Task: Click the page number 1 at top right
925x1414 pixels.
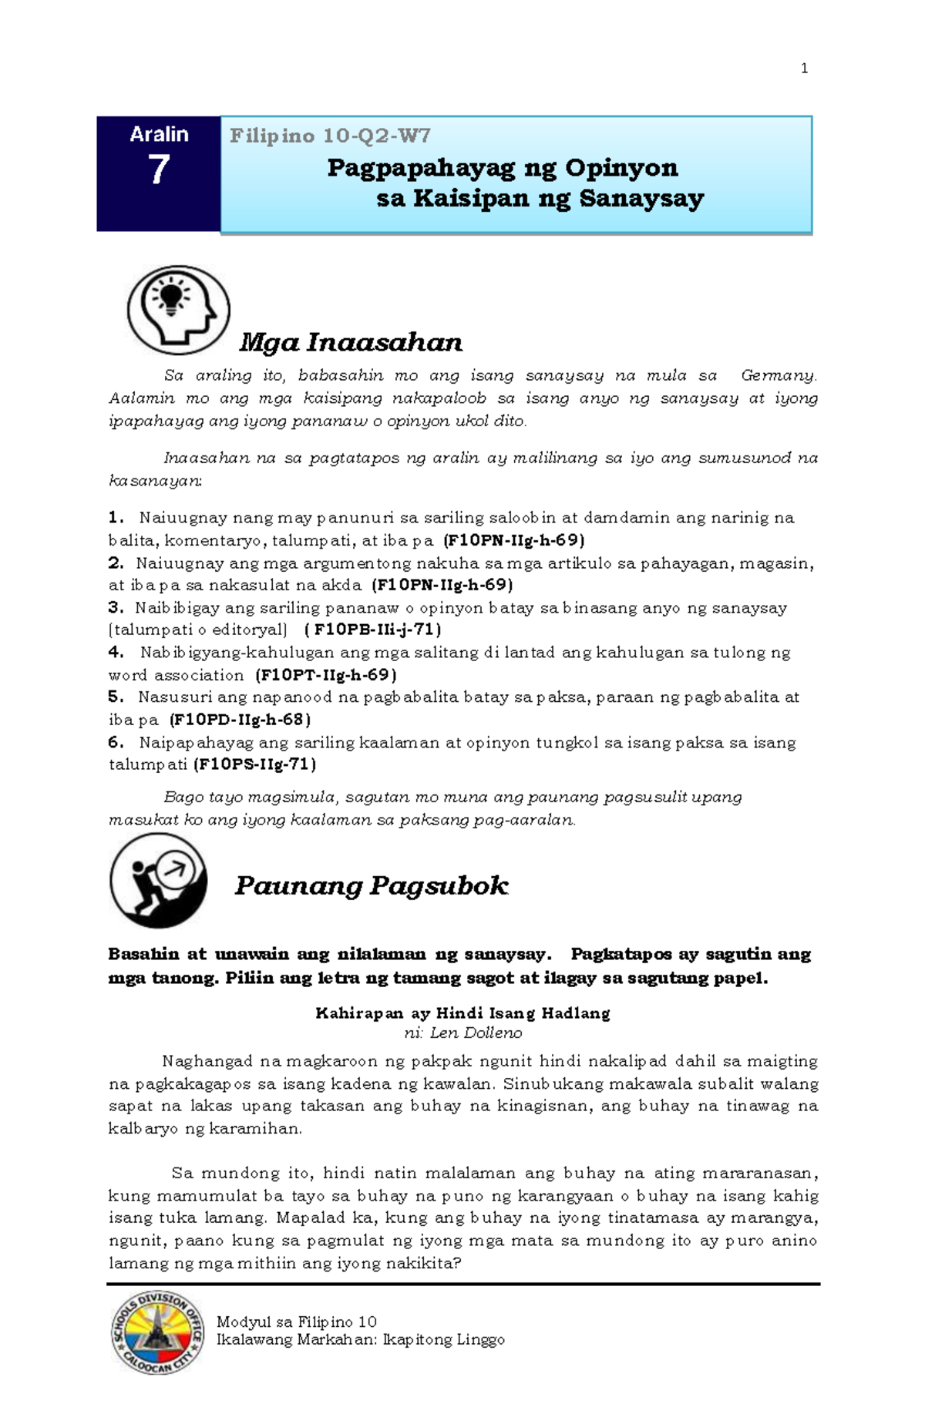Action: (x=804, y=69)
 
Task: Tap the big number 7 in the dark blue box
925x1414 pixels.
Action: (x=159, y=170)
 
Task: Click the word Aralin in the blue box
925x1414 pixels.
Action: (x=159, y=134)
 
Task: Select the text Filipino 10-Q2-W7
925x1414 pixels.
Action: (x=330, y=136)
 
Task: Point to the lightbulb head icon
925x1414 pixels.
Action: (x=179, y=310)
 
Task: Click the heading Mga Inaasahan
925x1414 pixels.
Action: (x=351, y=342)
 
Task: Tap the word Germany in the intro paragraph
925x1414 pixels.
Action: (x=777, y=376)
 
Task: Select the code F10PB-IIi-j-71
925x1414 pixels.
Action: (x=373, y=630)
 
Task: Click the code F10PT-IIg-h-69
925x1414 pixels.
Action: (x=326, y=675)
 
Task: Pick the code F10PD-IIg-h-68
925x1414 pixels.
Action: (x=240, y=720)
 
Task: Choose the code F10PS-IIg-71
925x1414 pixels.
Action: (x=254, y=764)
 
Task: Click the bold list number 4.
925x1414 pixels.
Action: (x=116, y=653)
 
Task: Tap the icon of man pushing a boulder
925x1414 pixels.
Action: (x=159, y=880)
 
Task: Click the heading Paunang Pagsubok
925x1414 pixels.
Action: (x=371, y=885)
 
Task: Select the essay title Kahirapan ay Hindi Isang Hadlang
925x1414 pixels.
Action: (x=462, y=1013)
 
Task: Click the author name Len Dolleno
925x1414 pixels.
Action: (x=476, y=1033)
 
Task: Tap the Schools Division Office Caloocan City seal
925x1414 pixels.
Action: (x=157, y=1333)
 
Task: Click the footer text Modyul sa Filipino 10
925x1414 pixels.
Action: (x=296, y=1322)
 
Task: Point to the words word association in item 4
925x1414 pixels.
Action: (x=176, y=675)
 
